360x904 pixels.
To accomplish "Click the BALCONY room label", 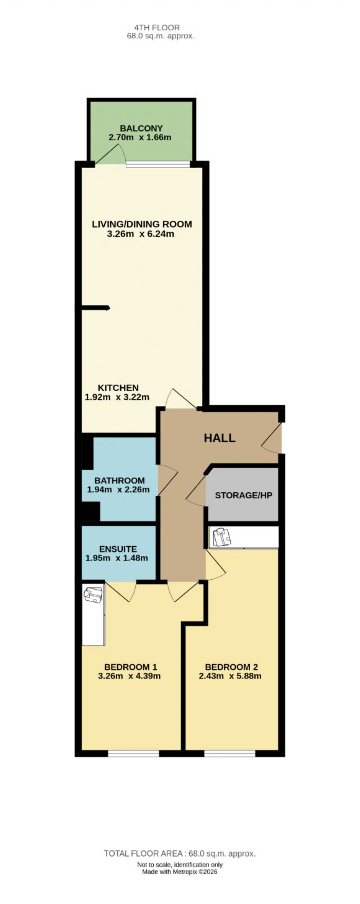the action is [x=141, y=129].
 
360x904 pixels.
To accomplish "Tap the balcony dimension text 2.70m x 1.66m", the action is [x=140, y=138].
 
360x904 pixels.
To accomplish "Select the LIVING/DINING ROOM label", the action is [x=142, y=224].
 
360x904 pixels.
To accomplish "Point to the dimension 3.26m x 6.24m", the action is [x=140, y=234].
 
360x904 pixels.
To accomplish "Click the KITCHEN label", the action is [x=118, y=388].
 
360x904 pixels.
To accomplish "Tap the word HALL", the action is [x=220, y=438].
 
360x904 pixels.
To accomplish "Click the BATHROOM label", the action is [x=119, y=481].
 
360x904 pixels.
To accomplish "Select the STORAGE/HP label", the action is [x=244, y=495].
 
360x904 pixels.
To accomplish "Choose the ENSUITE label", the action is [x=118, y=549].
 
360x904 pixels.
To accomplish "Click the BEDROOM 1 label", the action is [x=130, y=667].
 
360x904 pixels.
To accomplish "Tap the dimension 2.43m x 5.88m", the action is [x=230, y=676].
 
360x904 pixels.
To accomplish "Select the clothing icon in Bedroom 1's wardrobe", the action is [x=93, y=595].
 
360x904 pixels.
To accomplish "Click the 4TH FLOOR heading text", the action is [x=157, y=27].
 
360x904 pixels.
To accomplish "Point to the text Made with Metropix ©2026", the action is [x=180, y=871].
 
